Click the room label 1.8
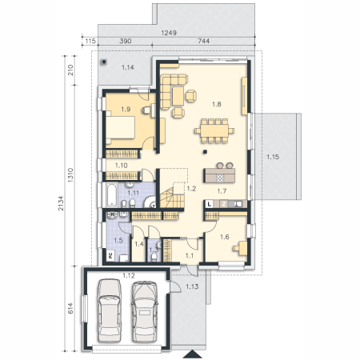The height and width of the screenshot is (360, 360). [217, 104]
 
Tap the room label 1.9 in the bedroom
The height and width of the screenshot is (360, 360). [126, 109]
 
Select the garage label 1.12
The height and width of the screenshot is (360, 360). [129, 275]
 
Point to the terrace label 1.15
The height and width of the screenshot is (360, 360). [273, 157]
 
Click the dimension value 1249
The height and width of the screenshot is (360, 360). [169, 33]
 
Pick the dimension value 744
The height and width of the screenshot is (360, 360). [203, 41]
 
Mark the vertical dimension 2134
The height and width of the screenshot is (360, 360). [61, 203]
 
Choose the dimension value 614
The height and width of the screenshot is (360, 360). [70, 308]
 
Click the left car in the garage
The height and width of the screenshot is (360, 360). [110, 310]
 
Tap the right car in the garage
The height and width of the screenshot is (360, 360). [144, 311]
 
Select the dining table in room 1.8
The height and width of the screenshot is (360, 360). [214, 131]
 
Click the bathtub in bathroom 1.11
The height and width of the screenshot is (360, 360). [112, 195]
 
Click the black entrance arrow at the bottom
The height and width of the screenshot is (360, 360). [192, 354]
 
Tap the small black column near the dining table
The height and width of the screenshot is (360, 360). [205, 152]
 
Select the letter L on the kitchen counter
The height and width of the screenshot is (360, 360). [210, 204]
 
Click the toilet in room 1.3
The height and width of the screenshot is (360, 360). [154, 257]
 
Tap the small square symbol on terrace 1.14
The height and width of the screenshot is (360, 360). [104, 62]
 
